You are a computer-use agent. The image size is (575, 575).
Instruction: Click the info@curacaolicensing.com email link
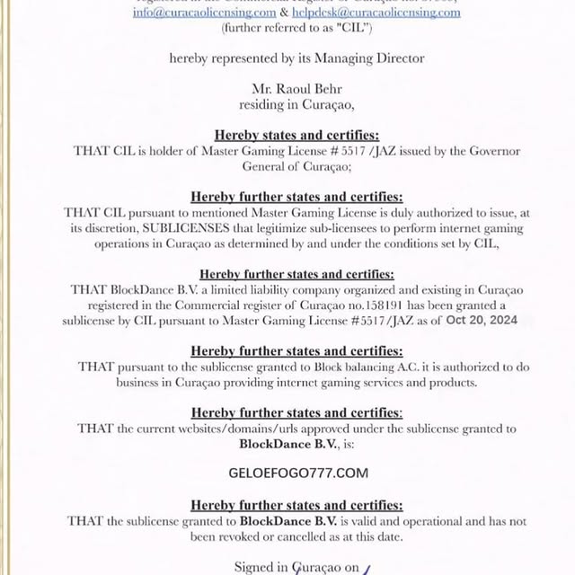(x=204, y=13)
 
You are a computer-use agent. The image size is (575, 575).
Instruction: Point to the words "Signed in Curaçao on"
(x=296, y=567)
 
